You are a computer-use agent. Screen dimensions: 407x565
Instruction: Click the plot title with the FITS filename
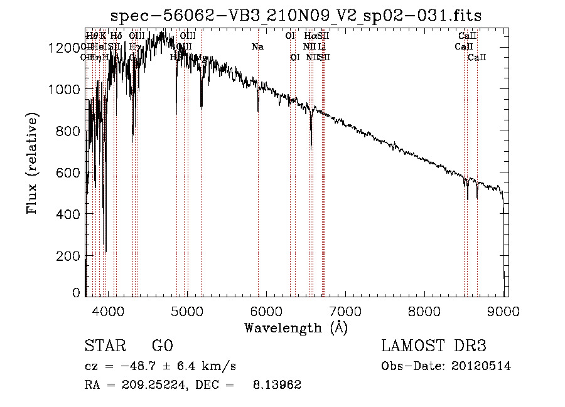296,16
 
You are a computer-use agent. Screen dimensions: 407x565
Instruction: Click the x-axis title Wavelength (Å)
296,327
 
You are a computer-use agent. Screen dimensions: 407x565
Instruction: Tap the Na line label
257,46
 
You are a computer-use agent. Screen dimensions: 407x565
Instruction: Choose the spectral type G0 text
162,346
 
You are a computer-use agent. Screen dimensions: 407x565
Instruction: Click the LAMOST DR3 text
434,346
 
